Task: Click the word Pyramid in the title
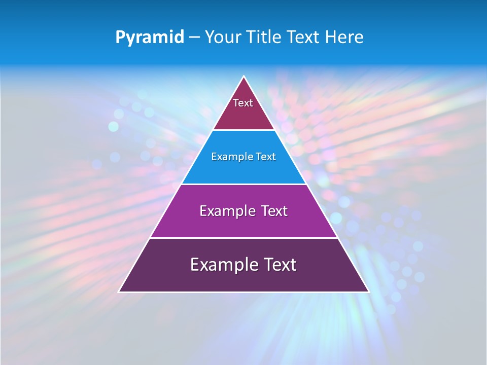pyautogui.click(x=149, y=38)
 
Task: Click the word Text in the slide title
pyautogui.click(x=304, y=37)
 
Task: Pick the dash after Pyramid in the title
pyautogui.click(x=194, y=38)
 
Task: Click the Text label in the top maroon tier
pyautogui.click(x=243, y=103)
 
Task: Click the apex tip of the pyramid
pyautogui.click(x=244, y=77)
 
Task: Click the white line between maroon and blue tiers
pyautogui.click(x=243, y=130)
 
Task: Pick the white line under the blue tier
pyautogui.click(x=243, y=184)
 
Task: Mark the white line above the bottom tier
pyautogui.click(x=243, y=238)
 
